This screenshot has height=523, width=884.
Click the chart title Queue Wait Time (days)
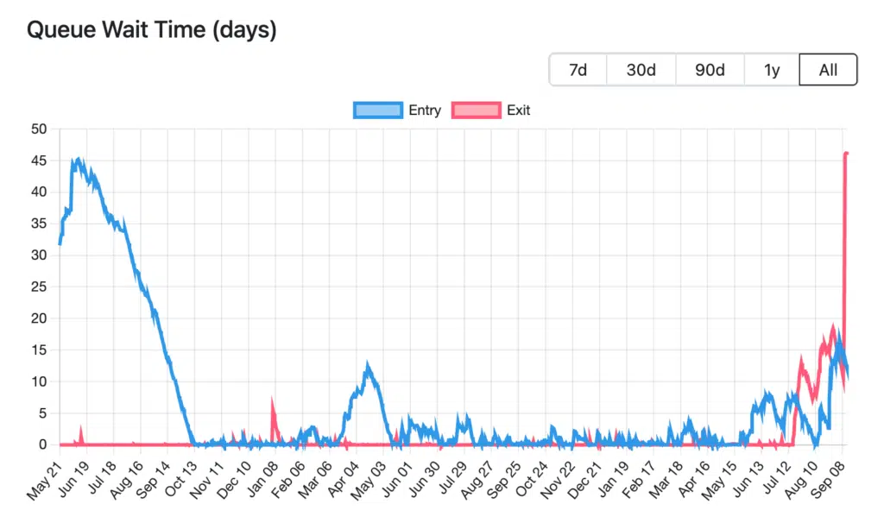[x=152, y=30]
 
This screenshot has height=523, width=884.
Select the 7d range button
[x=578, y=70]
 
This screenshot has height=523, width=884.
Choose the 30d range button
[x=641, y=70]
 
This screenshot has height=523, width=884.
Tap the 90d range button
[x=710, y=70]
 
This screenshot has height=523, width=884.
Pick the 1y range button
[x=772, y=70]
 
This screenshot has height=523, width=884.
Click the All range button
[x=828, y=70]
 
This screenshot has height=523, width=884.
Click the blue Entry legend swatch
[x=378, y=110]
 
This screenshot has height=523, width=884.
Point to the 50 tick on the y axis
[x=39, y=129]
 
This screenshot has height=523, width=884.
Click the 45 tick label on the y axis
[x=39, y=161]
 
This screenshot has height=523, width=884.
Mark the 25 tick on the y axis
[x=39, y=287]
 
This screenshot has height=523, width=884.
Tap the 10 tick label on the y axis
[x=39, y=381]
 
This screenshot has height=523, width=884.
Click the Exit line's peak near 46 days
[x=846, y=154]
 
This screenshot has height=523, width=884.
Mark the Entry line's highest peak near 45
[x=79, y=160]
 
